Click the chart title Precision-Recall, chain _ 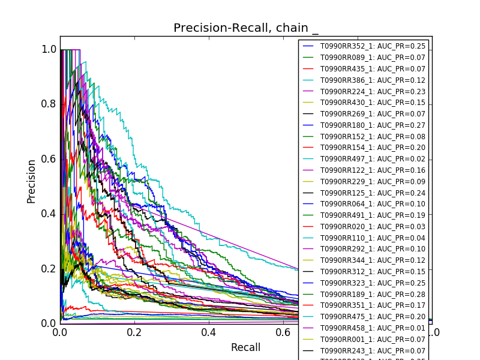click(x=246, y=28)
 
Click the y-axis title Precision click(x=31, y=181)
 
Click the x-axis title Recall click(x=245, y=347)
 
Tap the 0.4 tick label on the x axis click(x=208, y=332)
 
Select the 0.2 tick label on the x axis click(x=134, y=332)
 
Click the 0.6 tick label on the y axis click(x=49, y=159)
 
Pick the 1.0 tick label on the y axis click(x=49, y=50)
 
